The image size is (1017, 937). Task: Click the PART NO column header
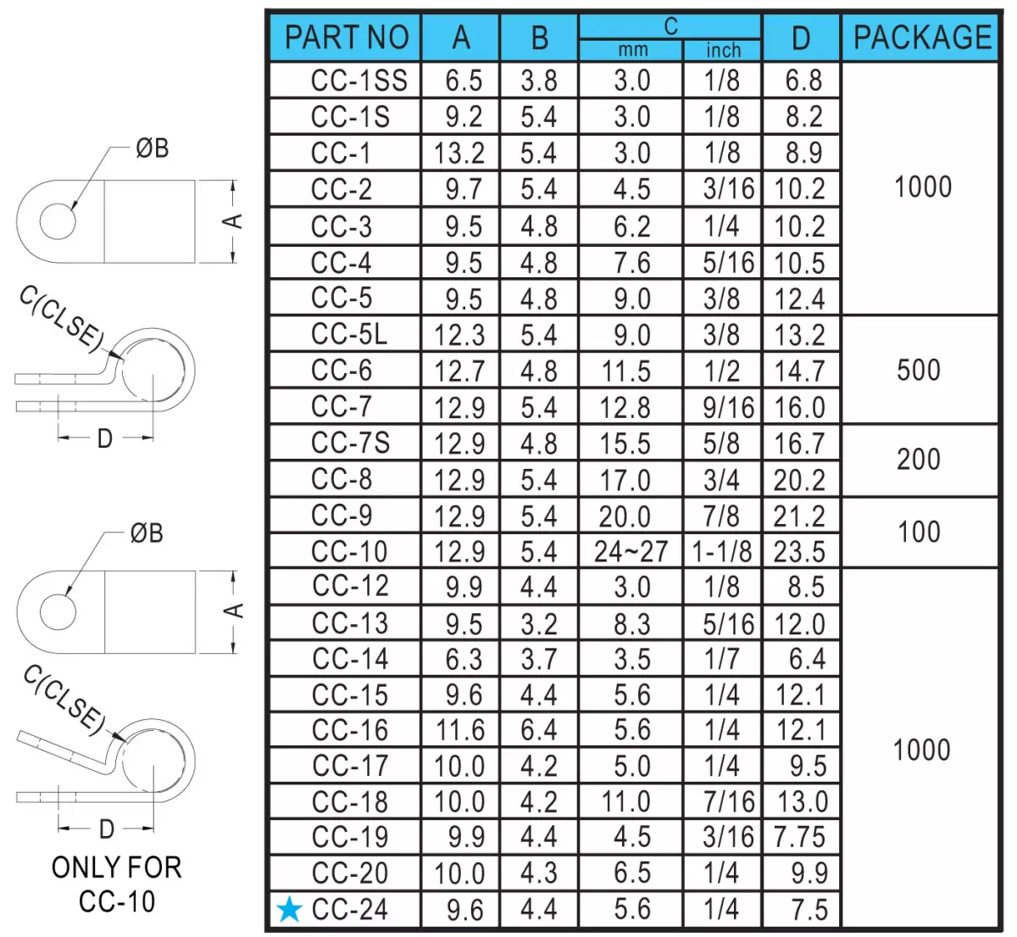point(347,37)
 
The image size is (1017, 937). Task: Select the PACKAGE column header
point(923,37)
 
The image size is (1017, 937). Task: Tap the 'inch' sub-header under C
point(724,50)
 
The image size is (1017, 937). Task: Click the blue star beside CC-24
point(290,909)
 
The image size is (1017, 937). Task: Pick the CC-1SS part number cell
point(359,81)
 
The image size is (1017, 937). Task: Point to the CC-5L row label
point(349,334)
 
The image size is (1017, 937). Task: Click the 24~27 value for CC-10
point(631,551)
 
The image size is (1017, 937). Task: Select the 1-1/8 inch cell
point(722,551)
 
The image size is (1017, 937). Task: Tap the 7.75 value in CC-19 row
point(800,837)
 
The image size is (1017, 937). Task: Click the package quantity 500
point(919,370)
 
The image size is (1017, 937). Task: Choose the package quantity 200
point(919,460)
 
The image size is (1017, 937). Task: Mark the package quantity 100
point(919,533)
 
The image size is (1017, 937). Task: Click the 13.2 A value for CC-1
point(459,153)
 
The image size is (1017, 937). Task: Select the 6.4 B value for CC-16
point(539,730)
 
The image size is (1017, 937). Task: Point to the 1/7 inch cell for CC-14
point(722,659)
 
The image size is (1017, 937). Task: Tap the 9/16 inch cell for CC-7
point(729,407)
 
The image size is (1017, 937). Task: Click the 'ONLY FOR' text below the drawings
point(117,867)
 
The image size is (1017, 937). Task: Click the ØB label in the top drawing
point(152,148)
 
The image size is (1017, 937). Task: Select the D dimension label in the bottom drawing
point(107,829)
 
